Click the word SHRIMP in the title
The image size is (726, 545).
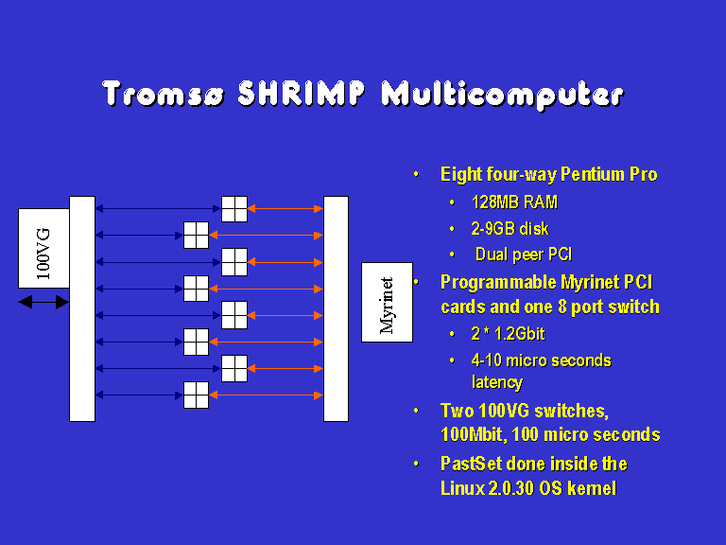tap(302, 94)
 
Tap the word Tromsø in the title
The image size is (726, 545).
tap(163, 94)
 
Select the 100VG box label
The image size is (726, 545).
tap(43, 254)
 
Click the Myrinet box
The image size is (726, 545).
tap(387, 302)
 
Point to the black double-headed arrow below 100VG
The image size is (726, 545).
tap(43, 302)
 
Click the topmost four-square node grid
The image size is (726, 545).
tap(234, 209)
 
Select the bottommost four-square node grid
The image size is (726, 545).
tap(197, 395)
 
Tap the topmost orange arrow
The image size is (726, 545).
tap(285, 209)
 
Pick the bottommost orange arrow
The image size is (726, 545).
tap(267, 396)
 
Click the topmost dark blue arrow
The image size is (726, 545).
tap(159, 209)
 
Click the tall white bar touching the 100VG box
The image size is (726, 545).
tap(82, 308)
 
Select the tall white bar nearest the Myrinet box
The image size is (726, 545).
tap(337, 308)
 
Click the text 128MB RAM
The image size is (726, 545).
tap(514, 202)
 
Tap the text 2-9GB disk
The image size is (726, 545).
tap(510, 228)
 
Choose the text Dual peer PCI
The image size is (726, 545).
tap(524, 255)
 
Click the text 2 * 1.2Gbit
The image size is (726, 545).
tap(508, 334)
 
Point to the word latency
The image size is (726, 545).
tap(497, 382)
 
